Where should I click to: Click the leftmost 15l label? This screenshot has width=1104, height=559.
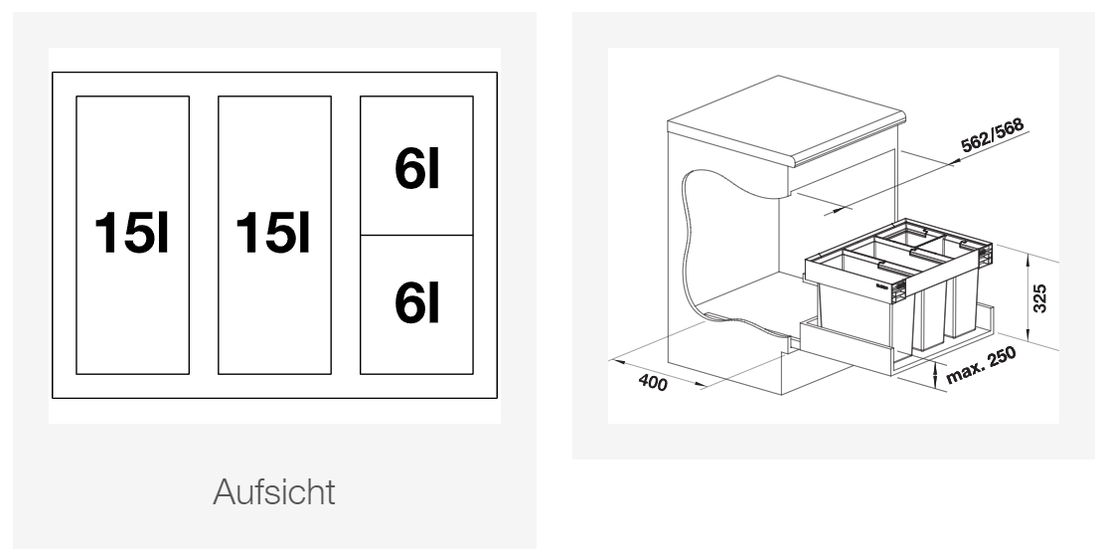(132, 234)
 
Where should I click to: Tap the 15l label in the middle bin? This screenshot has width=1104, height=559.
(273, 234)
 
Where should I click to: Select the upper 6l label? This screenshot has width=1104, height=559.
(416, 169)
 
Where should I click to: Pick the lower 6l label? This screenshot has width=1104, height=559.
(416, 302)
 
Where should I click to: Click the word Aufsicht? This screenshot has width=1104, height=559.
(274, 492)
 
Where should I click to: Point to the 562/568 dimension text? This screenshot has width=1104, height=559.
(992, 135)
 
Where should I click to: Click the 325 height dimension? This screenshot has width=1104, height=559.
(1040, 298)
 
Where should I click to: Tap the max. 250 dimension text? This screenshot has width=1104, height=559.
(981, 365)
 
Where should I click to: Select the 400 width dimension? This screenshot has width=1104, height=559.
(653, 383)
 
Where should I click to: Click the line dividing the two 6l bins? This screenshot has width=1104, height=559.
(416, 235)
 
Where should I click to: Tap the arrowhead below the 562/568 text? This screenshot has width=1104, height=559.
(955, 162)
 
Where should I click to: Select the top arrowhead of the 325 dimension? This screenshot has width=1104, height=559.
(1028, 263)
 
